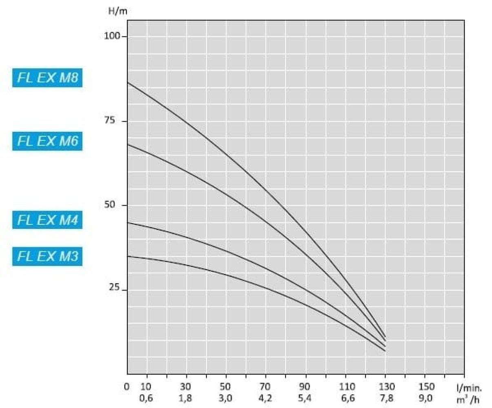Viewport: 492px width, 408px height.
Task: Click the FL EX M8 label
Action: [x=47, y=78]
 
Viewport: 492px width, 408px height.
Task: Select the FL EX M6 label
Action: [x=47, y=141]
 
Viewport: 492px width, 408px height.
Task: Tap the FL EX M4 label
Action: [x=47, y=220]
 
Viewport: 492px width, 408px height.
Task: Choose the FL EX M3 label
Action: [x=47, y=257]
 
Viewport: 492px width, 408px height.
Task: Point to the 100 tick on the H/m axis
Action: [x=113, y=36]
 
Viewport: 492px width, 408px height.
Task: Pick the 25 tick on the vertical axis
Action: [x=113, y=288]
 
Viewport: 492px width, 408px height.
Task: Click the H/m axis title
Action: [x=118, y=11]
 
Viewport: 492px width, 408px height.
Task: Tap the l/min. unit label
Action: [x=469, y=387]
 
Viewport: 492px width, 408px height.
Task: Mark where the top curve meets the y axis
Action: [x=128, y=82]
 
